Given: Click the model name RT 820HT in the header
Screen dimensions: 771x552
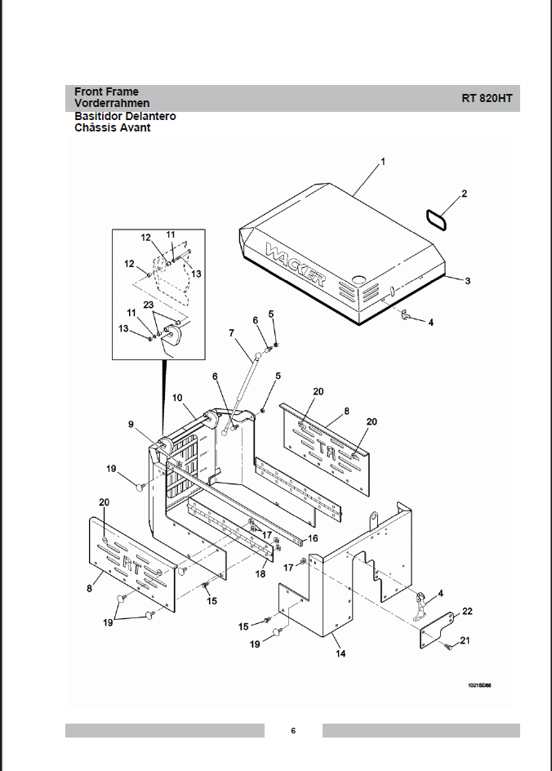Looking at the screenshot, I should [x=487, y=98].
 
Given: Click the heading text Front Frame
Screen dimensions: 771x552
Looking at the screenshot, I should [x=106, y=91].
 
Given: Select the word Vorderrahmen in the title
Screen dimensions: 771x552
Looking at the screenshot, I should [x=112, y=104].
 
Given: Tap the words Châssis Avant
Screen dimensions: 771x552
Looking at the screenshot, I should [x=113, y=127].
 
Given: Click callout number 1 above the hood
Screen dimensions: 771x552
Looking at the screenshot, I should [x=383, y=162].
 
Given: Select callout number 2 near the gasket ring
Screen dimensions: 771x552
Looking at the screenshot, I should [x=464, y=194].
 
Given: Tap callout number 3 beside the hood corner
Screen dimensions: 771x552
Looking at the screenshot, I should [x=468, y=281].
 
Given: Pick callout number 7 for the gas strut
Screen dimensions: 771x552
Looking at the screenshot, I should [x=231, y=332].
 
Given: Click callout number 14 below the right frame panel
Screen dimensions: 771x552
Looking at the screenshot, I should [x=339, y=653].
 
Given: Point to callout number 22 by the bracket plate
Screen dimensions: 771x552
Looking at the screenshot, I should [x=467, y=611].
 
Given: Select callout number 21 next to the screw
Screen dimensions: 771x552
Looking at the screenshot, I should [x=465, y=640].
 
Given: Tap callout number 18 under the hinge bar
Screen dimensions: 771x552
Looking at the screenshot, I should [x=260, y=573].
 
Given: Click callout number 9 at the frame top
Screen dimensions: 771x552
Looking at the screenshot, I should [x=130, y=424].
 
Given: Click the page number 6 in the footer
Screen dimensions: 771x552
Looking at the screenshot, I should [x=292, y=730].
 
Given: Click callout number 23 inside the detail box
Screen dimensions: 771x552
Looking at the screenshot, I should [x=148, y=305].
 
